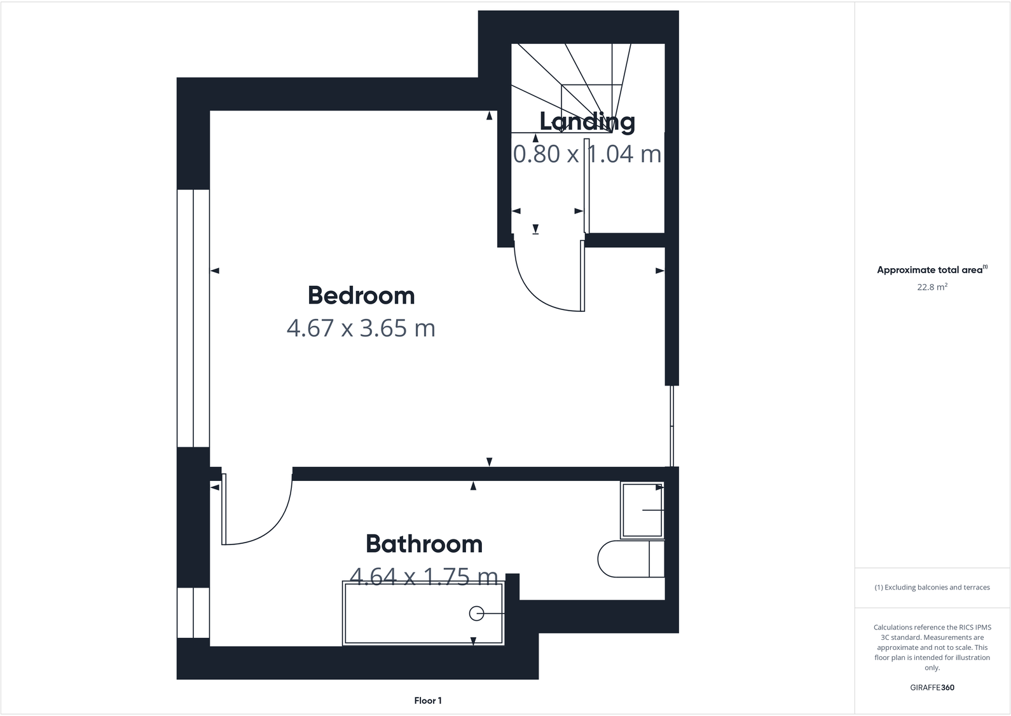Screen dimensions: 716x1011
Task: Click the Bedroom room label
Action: coord(361,295)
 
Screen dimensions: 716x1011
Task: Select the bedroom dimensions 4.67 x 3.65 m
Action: coord(361,328)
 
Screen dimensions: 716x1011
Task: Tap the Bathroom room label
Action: coord(424,544)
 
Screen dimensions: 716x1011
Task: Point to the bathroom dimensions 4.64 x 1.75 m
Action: coord(423,576)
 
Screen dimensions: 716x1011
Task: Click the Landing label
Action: coord(587,121)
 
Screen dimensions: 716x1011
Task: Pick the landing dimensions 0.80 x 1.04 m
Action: coord(587,154)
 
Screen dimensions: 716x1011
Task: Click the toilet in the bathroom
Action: coord(629,559)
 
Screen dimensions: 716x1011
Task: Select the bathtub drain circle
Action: coord(476,614)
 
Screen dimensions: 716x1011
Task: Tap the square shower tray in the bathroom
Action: coord(642,510)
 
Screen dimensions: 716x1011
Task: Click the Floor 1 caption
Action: coord(427,701)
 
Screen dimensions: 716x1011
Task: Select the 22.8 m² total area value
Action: coord(932,287)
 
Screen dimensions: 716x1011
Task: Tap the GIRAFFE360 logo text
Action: coord(932,687)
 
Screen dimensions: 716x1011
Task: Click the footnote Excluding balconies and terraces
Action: coord(932,587)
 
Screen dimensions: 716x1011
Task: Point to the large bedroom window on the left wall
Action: coord(193,318)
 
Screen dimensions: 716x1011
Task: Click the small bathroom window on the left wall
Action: coord(193,612)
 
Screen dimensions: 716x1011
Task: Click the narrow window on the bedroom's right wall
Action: coord(671,426)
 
